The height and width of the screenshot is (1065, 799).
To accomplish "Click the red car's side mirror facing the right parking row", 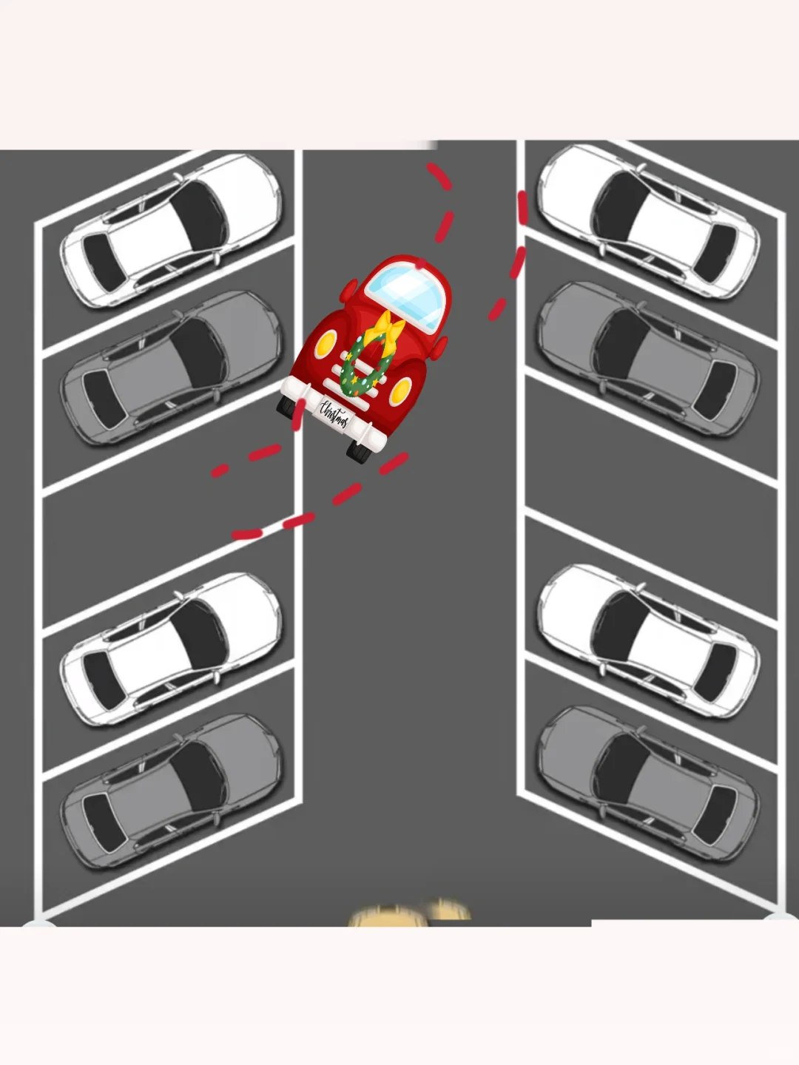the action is click(x=439, y=348).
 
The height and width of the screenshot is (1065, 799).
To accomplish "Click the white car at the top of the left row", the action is click(x=171, y=231).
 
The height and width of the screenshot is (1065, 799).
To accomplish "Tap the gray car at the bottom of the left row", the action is click(x=171, y=791).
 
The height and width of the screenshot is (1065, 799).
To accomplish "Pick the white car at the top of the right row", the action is click(x=649, y=221).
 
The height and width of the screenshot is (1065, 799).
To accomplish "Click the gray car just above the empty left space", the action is click(x=171, y=368).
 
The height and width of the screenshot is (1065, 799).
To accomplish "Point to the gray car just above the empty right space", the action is click(x=649, y=359).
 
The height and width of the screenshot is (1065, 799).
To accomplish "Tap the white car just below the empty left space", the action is click(x=171, y=649).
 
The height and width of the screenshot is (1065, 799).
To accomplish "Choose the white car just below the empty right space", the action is click(x=649, y=641).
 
